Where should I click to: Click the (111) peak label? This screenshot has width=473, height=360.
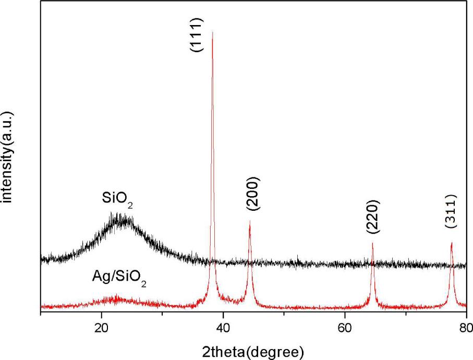tap(197, 34)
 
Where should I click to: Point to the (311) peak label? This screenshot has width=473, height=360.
tap(451, 211)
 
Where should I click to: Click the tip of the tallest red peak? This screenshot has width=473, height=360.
tap(212, 32)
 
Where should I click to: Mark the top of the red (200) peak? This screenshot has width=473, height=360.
tap(250, 221)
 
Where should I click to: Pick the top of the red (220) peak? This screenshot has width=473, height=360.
tap(372, 243)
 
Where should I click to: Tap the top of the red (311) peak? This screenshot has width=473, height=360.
tap(452, 243)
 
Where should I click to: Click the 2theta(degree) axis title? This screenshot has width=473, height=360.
tap(252, 350)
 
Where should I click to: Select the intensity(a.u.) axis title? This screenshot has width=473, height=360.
tap(7, 156)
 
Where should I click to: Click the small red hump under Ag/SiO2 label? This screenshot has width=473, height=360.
tap(117, 299)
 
